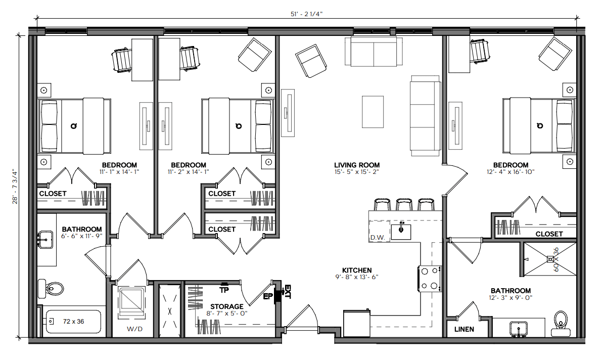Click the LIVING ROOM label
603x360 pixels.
coord(357,165)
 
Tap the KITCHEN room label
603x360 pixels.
coord(357,271)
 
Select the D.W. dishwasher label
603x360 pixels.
coord(378,238)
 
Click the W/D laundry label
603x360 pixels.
coord(134,329)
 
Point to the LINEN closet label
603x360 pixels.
coord(464,329)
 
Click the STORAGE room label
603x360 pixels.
coord(227,306)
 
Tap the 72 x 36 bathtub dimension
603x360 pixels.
coord(73,322)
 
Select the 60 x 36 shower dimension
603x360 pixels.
coord(555,259)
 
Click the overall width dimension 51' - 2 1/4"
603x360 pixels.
coord(306,14)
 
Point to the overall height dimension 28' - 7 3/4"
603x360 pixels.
coord(15,187)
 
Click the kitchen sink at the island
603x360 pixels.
coord(401,232)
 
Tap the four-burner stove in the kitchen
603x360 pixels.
coord(429,279)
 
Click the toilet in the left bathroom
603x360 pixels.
coord(51,288)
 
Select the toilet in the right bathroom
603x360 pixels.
coord(561,324)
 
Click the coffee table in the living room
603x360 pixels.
coord(373,112)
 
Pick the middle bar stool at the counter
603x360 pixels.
coord(404,204)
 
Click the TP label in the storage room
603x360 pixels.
coord(224,290)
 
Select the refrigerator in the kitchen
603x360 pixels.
coord(356,323)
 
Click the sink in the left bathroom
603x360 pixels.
coord(46,240)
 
